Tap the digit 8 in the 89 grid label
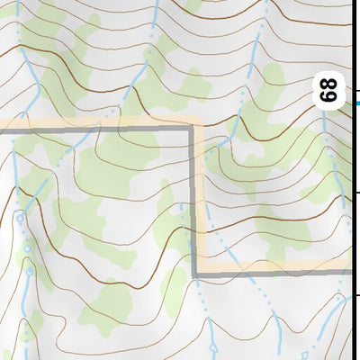[330, 85]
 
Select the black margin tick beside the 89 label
[359, 91]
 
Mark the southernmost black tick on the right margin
[359, 294]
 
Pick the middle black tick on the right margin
[359, 192]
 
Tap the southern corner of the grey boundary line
[194, 273]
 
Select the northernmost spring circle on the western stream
[20, 218]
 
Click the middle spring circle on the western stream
[27, 247]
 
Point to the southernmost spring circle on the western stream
[29, 270]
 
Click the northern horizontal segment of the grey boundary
[99, 131]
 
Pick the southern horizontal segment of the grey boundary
[270, 273]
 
